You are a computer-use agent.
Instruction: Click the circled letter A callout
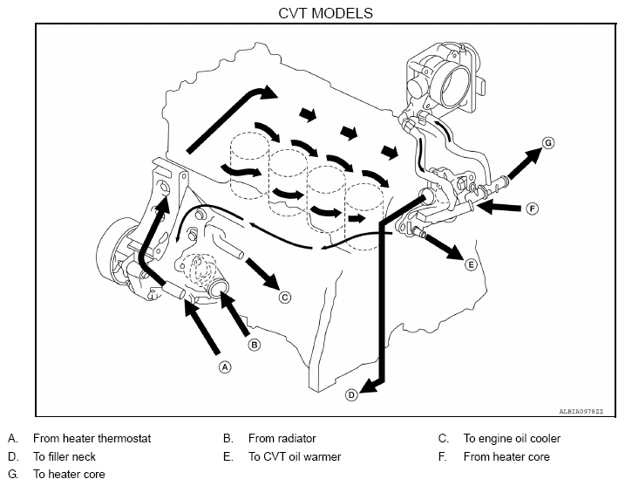(x=225, y=366)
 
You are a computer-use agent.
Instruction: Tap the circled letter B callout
(x=255, y=345)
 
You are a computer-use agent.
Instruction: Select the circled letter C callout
(x=284, y=298)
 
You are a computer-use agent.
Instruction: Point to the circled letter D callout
(x=351, y=395)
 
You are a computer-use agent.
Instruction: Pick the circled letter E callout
(x=471, y=264)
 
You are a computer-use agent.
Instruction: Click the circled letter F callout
(x=532, y=209)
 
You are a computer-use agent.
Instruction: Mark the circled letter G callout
(x=548, y=143)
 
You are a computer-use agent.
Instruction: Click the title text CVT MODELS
(x=325, y=13)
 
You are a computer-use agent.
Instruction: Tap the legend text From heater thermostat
(x=92, y=438)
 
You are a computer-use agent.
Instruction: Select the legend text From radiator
(x=282, y=438)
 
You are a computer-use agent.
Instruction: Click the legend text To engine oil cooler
(x=512, y=439)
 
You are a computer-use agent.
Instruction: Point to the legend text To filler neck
(x=65, y=456)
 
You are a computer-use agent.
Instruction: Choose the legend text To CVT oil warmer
(x=295, y=456)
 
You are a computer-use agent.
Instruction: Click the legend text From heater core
(x=506, y=456)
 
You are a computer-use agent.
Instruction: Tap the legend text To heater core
(x=70, y=474)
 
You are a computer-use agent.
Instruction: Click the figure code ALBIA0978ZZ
(x=581, y=411)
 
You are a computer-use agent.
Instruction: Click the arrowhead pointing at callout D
(x=369, y=387)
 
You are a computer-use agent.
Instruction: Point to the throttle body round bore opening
(x=455, y=86)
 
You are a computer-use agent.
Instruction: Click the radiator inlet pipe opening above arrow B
(x=219, y=287)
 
